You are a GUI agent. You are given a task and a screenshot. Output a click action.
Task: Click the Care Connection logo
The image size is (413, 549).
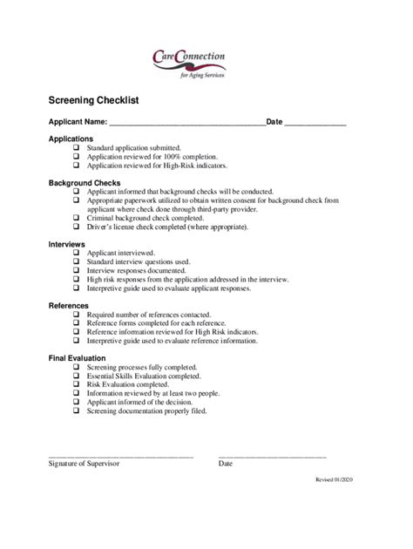click(x=188, y=63)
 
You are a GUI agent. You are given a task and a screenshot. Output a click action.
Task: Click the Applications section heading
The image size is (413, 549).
click(x=71, y=139)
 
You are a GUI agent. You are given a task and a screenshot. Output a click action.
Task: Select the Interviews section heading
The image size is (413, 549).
click(x=66, y=244)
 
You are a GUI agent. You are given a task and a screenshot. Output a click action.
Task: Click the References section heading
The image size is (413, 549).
click(x=68, y=306)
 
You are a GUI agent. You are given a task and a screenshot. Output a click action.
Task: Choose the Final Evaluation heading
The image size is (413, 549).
click(x=77, y=358)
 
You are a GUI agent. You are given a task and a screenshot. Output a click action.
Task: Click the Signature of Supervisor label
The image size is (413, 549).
click(x=84, y=464)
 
